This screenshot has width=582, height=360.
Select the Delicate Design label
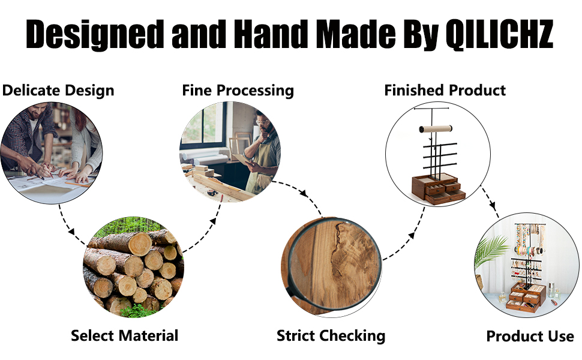tap(58, 91)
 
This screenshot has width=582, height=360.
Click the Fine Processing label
tap(238, 91)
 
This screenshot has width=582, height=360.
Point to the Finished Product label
tap(445, 91)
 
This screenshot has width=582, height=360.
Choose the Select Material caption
tap(125, 335)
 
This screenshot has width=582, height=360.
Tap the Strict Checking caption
tap(331, 335)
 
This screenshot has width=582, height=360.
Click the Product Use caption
tap(530, 336)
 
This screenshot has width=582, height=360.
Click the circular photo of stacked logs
tap(133, 267)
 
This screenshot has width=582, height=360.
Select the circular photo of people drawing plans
tap(52, 152)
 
